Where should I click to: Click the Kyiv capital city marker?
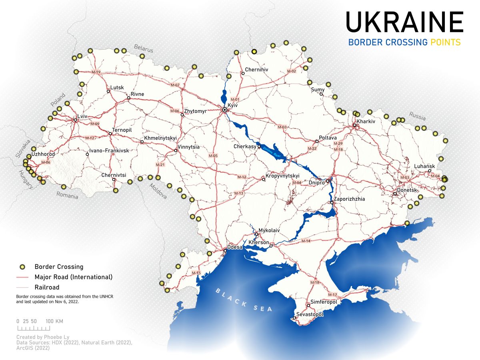click(x=225, y=110)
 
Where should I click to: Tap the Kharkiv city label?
click(x=366, y=121)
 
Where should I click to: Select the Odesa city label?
click(x=235, y=247)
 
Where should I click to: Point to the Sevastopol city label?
click(x=310, y=314)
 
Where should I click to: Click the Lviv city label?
click(x=83, y=116)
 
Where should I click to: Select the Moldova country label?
click(x=158, y=191)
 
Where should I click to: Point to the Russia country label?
click(x=417, y=116)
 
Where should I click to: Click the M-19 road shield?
click(x=96, y=72)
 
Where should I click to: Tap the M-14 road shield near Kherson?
click(x=306, y=241)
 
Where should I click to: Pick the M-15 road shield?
click(x=196, y=273)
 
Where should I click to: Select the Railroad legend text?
click(x=47, y=287)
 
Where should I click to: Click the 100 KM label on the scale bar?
click(x=54, y=321)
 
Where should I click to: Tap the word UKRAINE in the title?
click(x=404, y=22)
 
